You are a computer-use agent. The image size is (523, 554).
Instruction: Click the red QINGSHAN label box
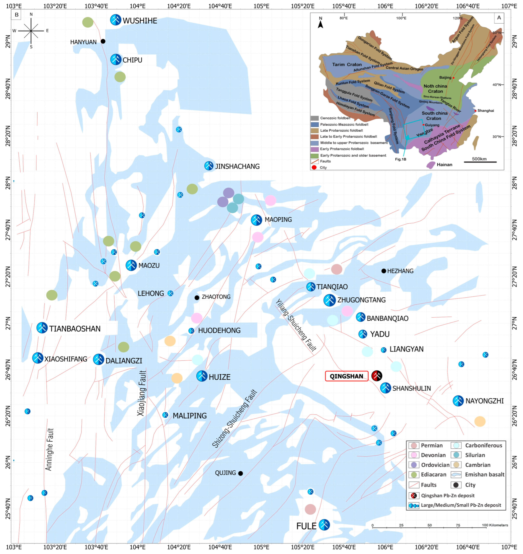coord(346,376)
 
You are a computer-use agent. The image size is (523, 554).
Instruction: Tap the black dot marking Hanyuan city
coord(103,41)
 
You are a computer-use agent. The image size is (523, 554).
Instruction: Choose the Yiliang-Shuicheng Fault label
coord(296,325)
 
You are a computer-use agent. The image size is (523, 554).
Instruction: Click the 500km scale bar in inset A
coord(480,162)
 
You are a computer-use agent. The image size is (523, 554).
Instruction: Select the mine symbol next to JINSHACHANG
coord(209,166)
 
